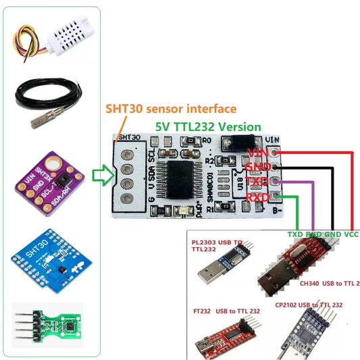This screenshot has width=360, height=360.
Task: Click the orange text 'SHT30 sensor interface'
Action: point(170,109)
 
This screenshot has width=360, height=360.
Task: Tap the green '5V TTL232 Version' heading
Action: point(207,126)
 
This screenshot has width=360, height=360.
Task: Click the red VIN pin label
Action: point(257,153)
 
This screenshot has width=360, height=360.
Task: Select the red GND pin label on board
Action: point(257,168)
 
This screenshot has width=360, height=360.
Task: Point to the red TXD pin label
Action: point(257,182)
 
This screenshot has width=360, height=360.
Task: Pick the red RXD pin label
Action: point(257,197)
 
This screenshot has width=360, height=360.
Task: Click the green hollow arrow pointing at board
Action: point(101,177)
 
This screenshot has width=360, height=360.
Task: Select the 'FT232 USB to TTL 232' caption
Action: point(226,311)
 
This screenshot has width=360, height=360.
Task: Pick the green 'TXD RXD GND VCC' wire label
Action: point(323,234)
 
